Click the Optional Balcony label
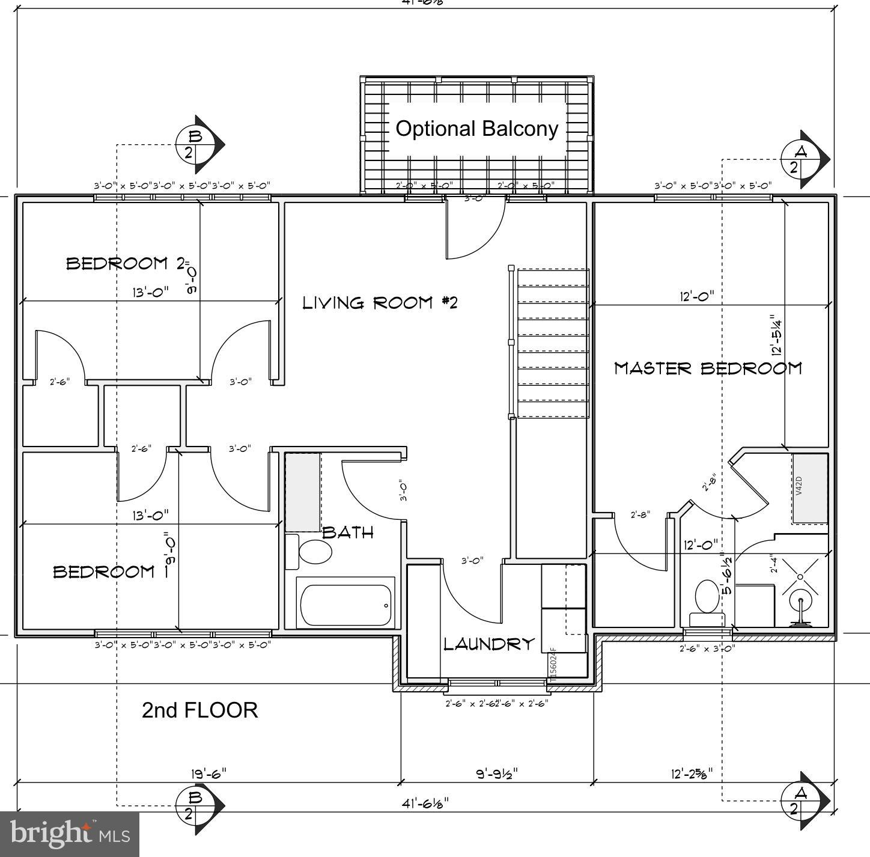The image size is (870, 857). pyautogui.click(x=477, y=129)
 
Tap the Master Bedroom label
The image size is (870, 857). pyautogui.click(x=707, y=368)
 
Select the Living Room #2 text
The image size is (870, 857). pyautogui.click(x=379, y=302)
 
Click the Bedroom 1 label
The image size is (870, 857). pyautogui.click(x=103, y=571)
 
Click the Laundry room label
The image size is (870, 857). pyautogui.click(x=488, y=644)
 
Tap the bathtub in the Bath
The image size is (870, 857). pyautogui.click(x=345, y=605)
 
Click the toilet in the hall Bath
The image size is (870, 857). pyautogui.click(x=314, y=551)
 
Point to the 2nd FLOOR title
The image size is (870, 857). pyautogui.click(x=199, y=710)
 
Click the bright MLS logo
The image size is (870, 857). pyautogui.click(x=70, y=834)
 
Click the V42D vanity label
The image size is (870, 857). pyautogui.click(x=799, y=486)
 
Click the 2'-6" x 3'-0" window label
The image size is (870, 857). pyautogui.click(x=707, y=648)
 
